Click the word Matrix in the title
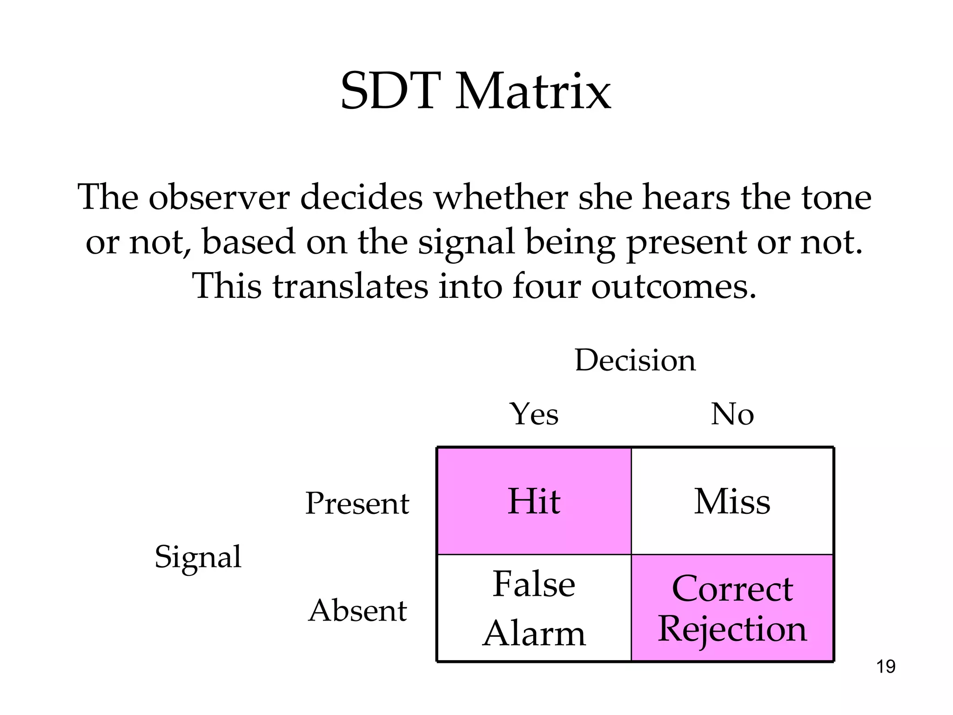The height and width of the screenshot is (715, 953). tap(533, 92)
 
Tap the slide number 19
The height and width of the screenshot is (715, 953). tap(886, 667)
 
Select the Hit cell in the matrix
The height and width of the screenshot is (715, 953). tap(534, 501)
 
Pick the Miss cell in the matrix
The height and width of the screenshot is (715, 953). tap(732, 501)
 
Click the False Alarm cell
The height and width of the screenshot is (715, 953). tap(534, 608)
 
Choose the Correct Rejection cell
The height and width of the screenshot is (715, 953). tap(732, 608)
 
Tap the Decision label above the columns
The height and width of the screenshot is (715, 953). tap(635, 360)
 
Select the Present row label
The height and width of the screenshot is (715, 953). tap(357, 504)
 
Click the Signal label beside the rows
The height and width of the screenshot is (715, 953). tap(198, 557)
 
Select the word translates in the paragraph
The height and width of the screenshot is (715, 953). tap(350, 286)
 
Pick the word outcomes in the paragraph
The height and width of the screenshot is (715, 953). tap(673, 286)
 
